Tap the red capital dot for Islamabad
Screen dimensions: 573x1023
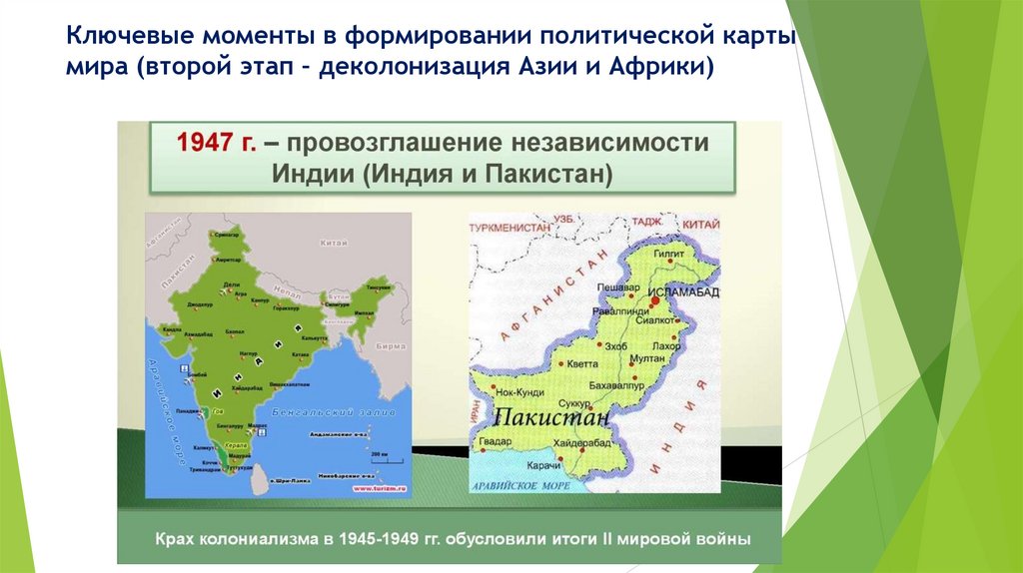point(653,298)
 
